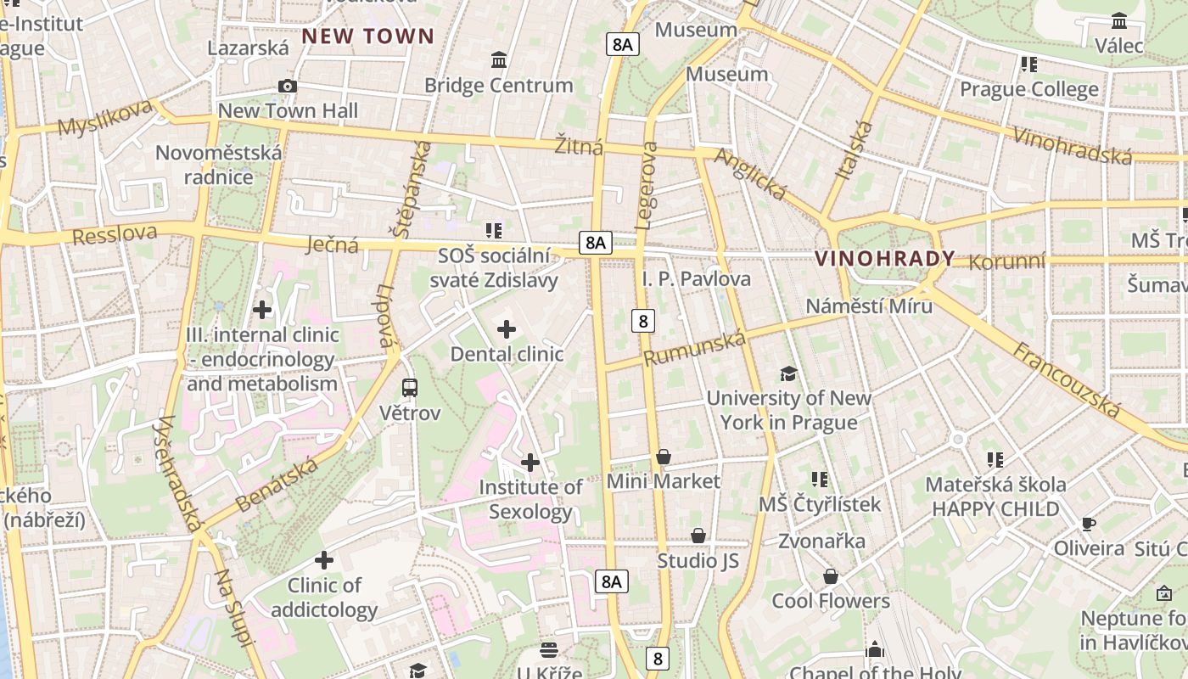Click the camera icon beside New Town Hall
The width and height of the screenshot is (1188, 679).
click(288, 86)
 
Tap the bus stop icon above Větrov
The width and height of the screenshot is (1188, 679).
click(410, 388)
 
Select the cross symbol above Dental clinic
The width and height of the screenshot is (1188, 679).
click(507, 329)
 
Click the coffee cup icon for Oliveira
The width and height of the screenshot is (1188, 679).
click(1089, 524)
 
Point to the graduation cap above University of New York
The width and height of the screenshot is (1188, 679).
click(789, 373)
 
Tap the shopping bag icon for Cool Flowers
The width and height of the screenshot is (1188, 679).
click(831, 577)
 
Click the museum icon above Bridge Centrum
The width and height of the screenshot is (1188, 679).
click(499, 60)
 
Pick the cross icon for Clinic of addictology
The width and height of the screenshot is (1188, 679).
click(324, 560)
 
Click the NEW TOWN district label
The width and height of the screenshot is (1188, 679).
click(368, 36)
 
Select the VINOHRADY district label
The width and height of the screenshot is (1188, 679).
click(885, 259)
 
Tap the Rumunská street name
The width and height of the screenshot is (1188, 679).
click(695, 349)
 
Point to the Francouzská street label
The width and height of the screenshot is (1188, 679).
click(1068, 379)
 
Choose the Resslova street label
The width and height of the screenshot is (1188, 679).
click(115, 234)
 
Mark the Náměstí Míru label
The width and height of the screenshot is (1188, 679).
click(869, 306)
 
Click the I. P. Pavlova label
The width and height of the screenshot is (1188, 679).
click(697, 278)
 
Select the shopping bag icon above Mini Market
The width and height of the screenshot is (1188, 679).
click(664, 457)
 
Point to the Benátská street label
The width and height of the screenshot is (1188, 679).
click(277, 484)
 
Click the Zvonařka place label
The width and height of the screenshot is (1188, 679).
click(822, 542)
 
